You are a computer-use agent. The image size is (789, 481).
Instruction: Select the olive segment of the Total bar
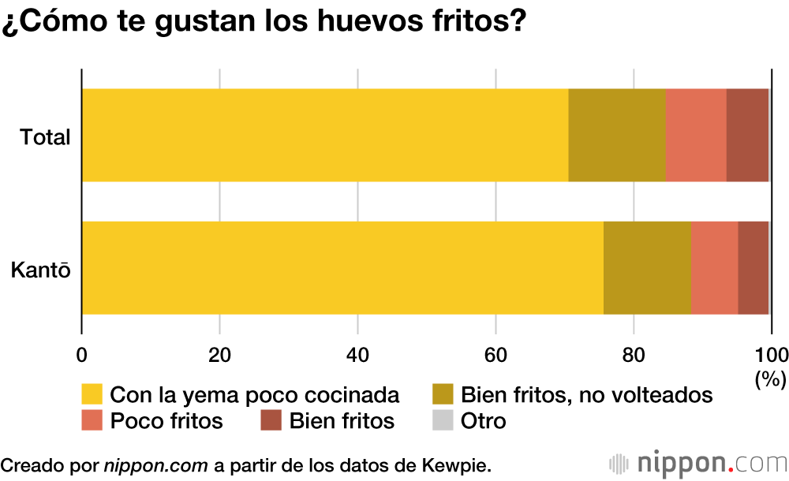coord(617,135)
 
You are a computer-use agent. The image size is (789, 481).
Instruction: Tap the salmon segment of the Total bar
coord(696,135)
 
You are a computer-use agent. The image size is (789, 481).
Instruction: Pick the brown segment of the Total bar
coord(747,135)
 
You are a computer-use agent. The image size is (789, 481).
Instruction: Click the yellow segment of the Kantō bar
coord(342,268)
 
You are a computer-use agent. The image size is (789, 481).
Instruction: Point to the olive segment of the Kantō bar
coord(647,268)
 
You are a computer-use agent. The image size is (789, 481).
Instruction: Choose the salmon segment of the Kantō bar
coord(714,268)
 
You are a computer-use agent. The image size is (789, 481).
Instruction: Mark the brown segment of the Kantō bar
coord(753,268)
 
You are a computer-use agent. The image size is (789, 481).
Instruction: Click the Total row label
coord(46,137)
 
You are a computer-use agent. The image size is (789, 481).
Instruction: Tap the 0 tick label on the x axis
coord(81,354)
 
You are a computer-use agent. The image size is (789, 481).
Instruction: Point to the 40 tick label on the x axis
coord(357,354)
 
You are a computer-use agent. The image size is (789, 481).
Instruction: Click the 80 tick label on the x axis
coord(634,354)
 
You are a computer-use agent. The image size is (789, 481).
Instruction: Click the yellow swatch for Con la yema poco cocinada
coord(92,394)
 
